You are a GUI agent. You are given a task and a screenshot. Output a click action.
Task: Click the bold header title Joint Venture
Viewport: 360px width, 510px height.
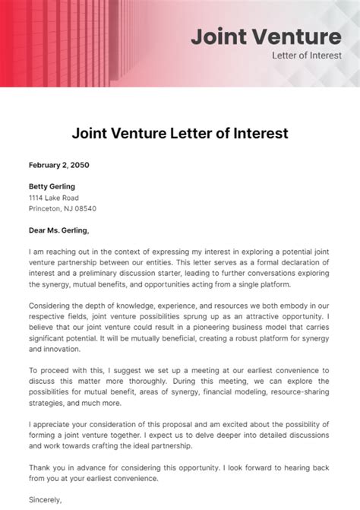pos(265,36)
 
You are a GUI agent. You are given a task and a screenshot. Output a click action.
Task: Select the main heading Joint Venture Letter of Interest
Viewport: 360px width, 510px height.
pos(180,134)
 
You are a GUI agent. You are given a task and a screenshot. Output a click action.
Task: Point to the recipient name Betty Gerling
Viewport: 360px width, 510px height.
pos(52,186)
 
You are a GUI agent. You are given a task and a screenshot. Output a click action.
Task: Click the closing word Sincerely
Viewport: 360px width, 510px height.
pos(46,500)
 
